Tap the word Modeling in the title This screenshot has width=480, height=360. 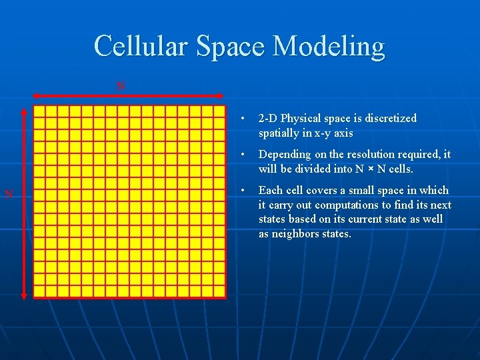[x=329, y=47]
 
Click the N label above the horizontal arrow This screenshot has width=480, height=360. [x=121, y=86]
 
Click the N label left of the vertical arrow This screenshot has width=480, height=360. [x=9, y=194]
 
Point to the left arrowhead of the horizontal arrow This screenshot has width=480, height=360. [x=35, y=95]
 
